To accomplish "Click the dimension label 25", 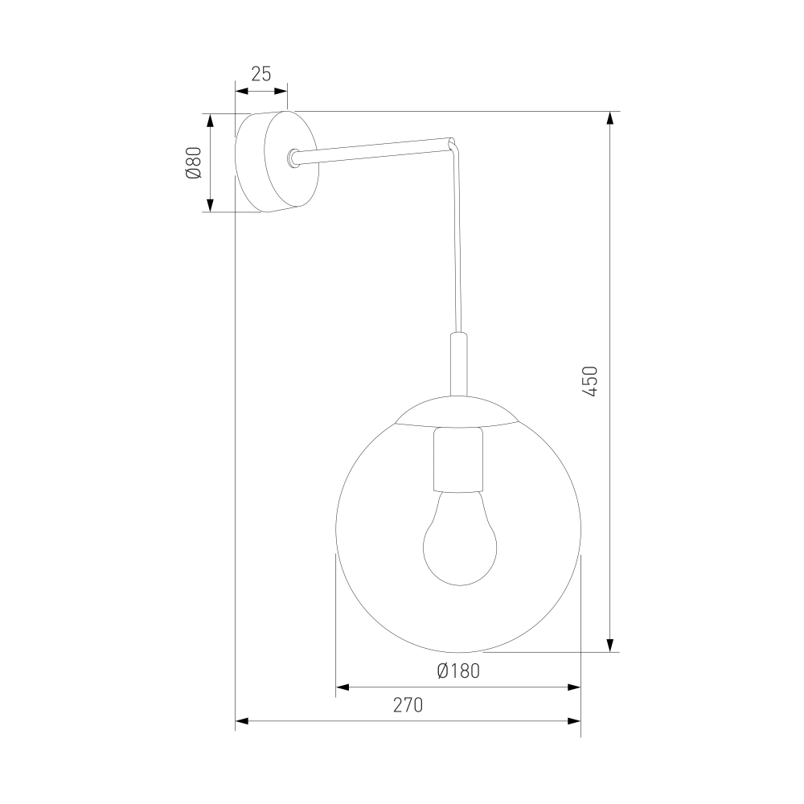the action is [261, 74].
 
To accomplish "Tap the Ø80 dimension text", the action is [194, 162].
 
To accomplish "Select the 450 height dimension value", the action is [591, 381].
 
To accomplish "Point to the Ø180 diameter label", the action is [458, 671].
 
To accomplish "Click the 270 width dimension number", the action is [408, 706].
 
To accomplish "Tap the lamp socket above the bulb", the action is [459, 459].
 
